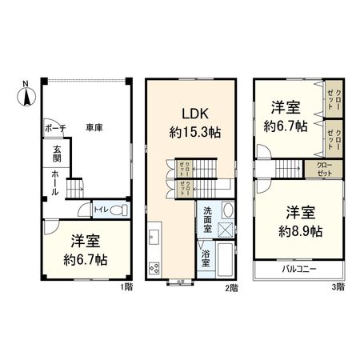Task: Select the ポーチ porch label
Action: point(54,128)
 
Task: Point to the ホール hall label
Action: point(54,183)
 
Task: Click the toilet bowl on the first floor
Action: point(118,210)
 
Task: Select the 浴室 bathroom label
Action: point(206,258)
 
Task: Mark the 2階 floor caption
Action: point(232,286)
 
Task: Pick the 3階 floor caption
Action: point(338,286)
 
